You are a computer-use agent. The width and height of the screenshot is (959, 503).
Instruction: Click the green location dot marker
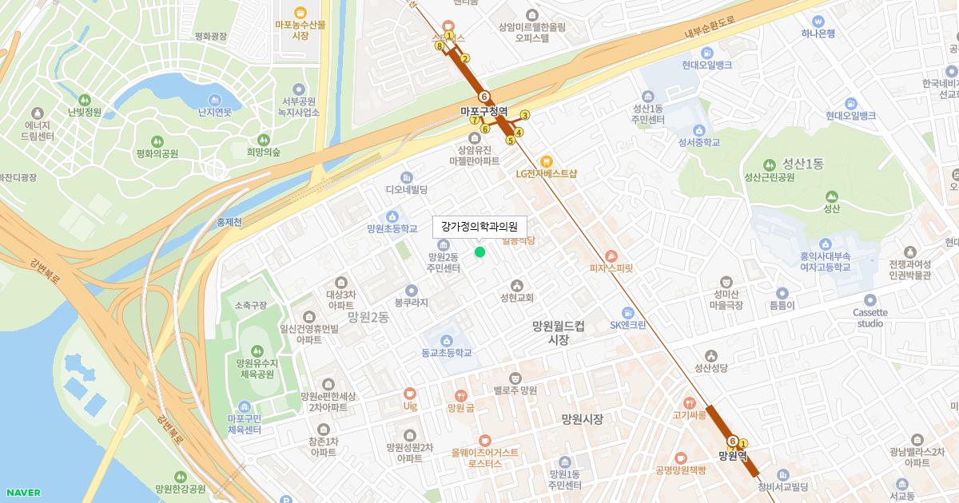(x=479, y=252)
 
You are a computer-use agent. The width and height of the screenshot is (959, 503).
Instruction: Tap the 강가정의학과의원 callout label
(x=479, y=227)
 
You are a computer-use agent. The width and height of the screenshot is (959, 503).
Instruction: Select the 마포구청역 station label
(x=484, y=111)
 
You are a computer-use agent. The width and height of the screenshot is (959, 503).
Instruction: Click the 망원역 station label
(x=732, y=456)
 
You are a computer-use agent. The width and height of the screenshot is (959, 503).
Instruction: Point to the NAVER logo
(x=22, y=492)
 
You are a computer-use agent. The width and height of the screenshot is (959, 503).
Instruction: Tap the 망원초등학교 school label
(x=392, y=228)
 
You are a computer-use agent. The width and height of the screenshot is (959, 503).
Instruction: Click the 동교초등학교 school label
(x=447, y=352)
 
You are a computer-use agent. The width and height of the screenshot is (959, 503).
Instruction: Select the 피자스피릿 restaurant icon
(x=611, y=255)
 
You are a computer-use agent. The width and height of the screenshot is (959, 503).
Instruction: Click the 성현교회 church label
(x=516, y=298)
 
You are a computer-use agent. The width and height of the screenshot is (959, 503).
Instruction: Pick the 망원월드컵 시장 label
(x=559, y=332)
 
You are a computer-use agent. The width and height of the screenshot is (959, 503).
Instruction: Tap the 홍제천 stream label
(x=229, y=223)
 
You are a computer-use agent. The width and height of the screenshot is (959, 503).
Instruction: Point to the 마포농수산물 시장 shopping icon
(x=300, y=12)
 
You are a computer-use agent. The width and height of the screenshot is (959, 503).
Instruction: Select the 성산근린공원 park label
(x=769, y=177)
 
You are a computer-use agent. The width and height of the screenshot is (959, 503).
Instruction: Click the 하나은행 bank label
(x=818, y=33)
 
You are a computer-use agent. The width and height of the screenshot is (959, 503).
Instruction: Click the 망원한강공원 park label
(x=181, y=489)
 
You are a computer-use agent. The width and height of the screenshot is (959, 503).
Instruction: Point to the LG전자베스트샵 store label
(x=547, y=172)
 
